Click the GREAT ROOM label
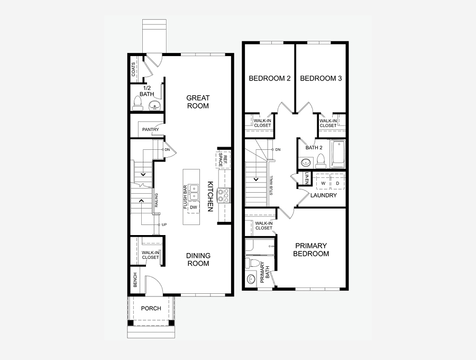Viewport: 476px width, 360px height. point(198,102)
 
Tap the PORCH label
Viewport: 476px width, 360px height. point(151,308)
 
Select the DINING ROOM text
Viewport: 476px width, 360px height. point(198,259)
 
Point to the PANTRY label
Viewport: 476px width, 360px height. point(151,129)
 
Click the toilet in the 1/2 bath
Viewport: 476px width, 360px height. point(138,103)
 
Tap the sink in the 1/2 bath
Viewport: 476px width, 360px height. point(154,106)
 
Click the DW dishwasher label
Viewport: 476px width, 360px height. point(194,208)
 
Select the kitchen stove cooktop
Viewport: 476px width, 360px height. point(224,195)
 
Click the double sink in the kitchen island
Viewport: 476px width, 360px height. point(194,193)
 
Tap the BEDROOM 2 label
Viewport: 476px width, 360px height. point(270,78)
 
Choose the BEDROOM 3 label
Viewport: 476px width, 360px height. point(321,78)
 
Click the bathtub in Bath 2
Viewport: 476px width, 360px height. point(337,154)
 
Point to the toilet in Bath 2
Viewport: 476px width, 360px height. point(321,161)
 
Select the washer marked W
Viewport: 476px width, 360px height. point(323,183)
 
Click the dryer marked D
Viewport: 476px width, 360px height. point(337,183)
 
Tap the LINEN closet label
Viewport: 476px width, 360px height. point(307,178)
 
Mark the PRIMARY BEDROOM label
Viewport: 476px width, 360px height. point(311,250)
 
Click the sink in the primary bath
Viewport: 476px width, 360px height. point(251,279)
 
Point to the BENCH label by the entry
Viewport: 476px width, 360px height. point(135,280)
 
